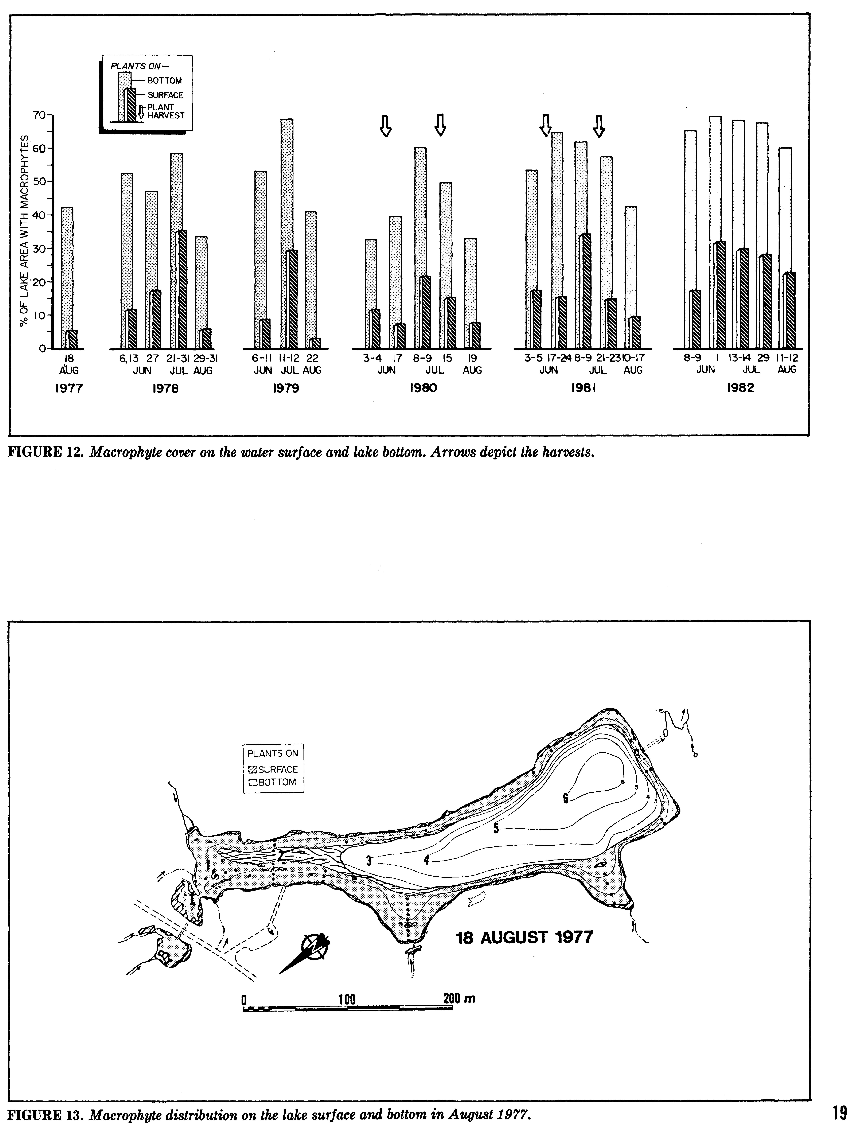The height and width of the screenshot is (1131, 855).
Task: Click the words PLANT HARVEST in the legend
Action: [x=165, y=111]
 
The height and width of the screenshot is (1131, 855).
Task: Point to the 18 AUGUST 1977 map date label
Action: [x=524, y=937]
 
